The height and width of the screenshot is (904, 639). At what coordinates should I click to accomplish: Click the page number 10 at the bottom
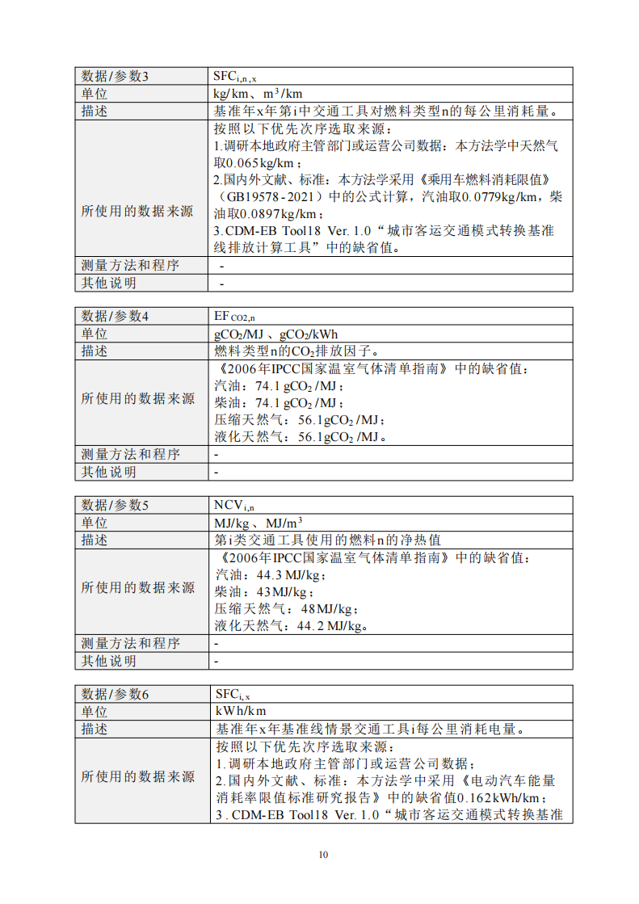coord(323,855)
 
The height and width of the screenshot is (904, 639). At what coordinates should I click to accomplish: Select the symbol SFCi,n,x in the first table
coord(235,76)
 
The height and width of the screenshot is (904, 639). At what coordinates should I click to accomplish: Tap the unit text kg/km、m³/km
coord(257,94)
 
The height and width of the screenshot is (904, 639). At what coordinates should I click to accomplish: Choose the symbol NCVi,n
coord(234,505)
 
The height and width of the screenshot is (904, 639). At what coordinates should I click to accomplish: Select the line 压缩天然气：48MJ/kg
coord(286,609)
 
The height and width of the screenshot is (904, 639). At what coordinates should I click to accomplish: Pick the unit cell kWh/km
coord(240,712)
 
